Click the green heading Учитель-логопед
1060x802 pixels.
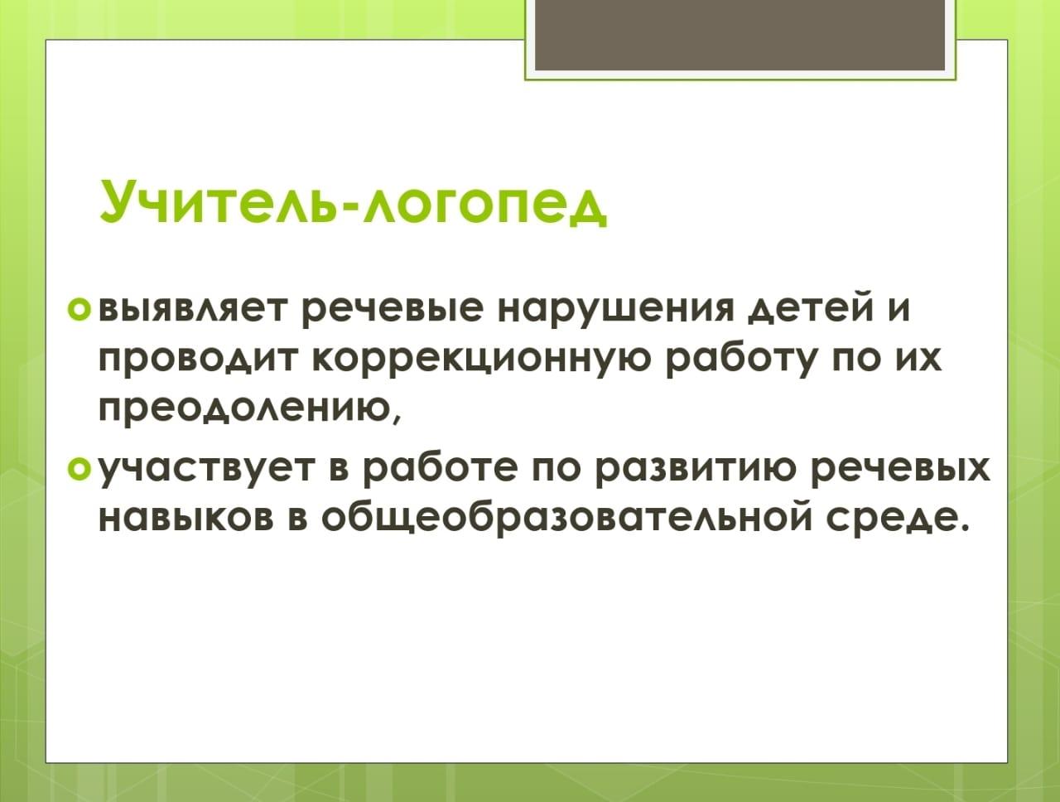pyautogui.click(x=353, y=201)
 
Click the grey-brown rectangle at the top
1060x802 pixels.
pyautogui.click(x=740, y=35)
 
